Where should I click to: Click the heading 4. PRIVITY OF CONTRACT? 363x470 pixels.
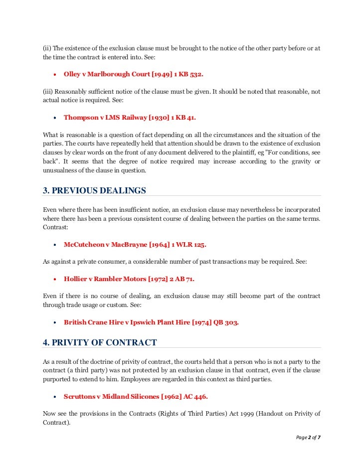pos(100,342)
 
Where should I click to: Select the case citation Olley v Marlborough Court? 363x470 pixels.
pos(133,74)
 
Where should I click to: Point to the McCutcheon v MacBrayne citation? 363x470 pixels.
pos(135,245)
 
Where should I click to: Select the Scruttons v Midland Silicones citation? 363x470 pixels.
pos(136,396)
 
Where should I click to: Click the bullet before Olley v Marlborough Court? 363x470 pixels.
pos(54,74)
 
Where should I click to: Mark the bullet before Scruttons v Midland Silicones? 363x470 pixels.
pos(54,397)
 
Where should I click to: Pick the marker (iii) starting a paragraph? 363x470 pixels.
pos(48,92)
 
